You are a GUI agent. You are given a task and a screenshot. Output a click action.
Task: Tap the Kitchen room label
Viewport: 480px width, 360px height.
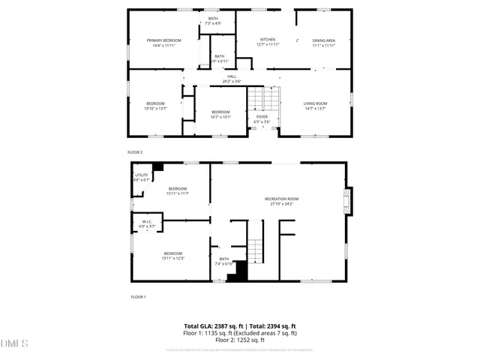(268, 41)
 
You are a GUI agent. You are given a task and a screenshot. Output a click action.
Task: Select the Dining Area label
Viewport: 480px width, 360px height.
(323, 42)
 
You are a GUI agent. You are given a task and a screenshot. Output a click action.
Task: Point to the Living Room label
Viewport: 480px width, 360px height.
(315, 106)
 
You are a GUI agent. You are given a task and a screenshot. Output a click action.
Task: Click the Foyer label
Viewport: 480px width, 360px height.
(262, 119)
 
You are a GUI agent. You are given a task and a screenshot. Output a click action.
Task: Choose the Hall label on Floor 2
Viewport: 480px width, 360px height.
(232, 78)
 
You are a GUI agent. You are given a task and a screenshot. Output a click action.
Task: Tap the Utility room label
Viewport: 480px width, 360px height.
(142, 177)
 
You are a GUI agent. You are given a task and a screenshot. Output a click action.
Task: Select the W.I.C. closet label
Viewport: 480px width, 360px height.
(147, 223)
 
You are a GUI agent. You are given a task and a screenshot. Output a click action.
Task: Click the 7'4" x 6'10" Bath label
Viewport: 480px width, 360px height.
(225, 262)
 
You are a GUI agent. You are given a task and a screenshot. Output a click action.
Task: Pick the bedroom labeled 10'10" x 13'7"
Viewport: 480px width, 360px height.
(155, 106)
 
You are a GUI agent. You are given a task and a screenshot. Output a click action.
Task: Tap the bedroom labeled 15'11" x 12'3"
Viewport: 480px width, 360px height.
(173, 256)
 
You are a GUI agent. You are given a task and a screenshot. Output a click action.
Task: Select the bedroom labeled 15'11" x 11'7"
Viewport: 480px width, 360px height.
(178, 190)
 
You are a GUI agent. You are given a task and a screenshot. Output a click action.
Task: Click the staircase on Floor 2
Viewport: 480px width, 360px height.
(259, 97)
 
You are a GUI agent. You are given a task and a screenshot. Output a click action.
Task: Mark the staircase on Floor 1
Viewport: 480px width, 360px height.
(257, 248)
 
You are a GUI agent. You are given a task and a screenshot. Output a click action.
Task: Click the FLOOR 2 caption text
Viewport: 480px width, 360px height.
(135, 152)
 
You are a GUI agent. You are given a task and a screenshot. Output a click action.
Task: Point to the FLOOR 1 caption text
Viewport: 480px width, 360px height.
(138, 298)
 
